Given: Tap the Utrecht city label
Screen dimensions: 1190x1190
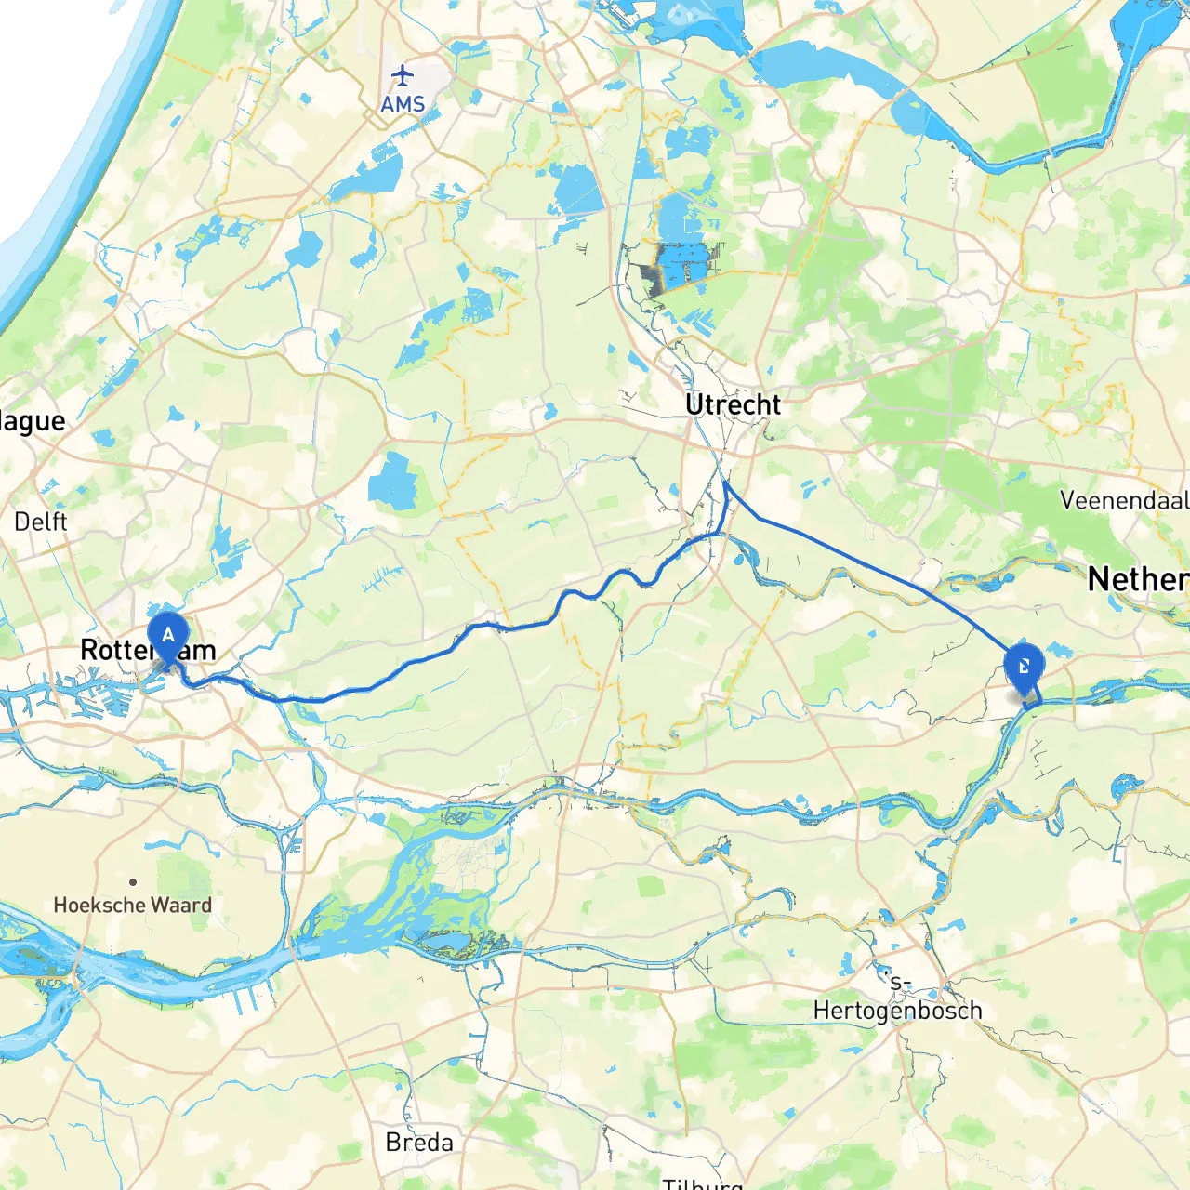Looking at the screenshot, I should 733,404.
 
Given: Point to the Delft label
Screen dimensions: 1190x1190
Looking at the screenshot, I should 40,522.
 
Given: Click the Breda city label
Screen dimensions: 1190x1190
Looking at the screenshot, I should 419,1142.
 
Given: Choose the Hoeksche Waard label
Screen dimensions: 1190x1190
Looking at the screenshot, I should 132,905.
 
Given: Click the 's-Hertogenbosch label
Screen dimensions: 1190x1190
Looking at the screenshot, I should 897,999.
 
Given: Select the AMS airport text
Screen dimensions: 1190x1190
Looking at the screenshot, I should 403,104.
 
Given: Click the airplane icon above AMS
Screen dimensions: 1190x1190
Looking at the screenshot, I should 402,74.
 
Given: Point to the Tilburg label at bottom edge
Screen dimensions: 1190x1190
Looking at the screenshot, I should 703,1183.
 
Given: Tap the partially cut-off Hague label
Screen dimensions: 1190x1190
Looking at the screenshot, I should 33,421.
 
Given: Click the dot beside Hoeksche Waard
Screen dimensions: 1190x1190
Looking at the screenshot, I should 133,881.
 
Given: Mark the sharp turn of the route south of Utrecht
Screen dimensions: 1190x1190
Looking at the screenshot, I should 724,483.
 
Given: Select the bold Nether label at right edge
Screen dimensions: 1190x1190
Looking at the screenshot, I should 1138,579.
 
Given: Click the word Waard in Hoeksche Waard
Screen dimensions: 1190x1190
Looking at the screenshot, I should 181,905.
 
